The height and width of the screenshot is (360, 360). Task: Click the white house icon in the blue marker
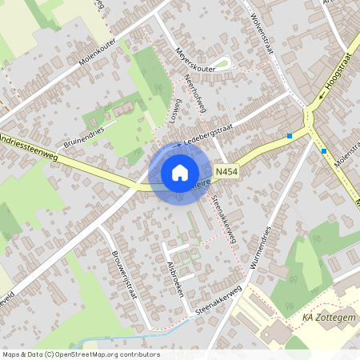click(x=180, y=172)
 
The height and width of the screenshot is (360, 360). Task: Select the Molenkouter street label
click(x=98, y=53)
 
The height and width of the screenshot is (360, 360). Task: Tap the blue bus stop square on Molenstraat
click(x=323, y=150)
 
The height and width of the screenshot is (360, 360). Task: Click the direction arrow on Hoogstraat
click(x=319, y=98)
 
